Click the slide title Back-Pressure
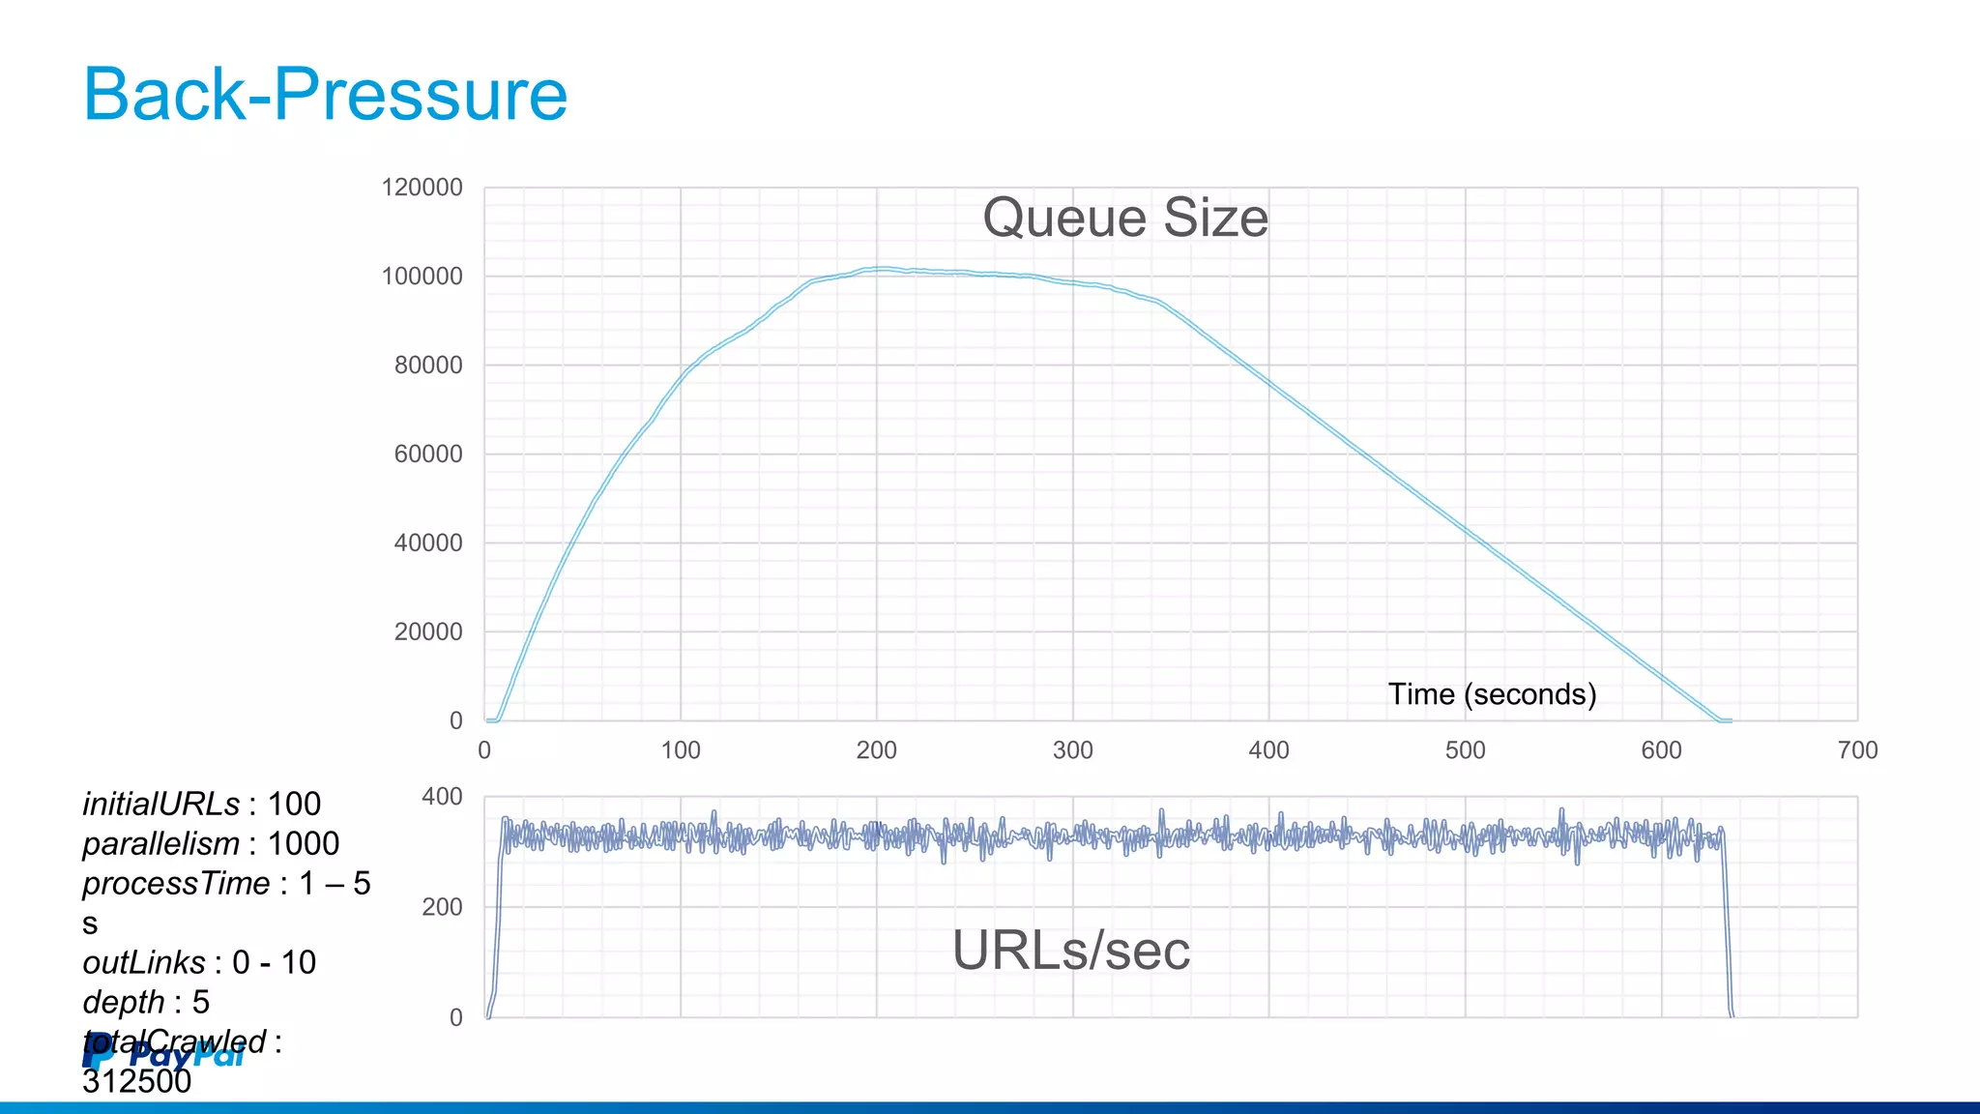tap(325, 94)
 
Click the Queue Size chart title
tap(1124, 218)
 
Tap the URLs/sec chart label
tap(1070, 951)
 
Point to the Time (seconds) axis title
tap(1492, 694)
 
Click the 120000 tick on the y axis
tap(422, 188)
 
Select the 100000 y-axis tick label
tap(422, 277)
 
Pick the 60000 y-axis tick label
tap(428, 454)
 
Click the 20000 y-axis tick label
tap(428, 632)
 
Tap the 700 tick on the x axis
tap(1857, 750)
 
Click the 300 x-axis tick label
tap(1072, 750)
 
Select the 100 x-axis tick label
tap(680, 750)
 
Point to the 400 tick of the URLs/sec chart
tap(442, 797)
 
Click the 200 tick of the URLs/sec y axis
tap(442, 907)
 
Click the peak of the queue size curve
tap(880, 269)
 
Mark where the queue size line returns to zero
tap(1719, 720)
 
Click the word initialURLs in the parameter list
tap(160, 805)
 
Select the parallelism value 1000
tap(303, 844)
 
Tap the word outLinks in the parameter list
tap(144, 963)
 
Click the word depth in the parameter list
tap(124, 1003)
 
